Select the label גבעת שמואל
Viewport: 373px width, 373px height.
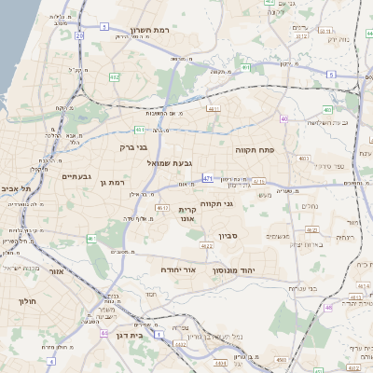tap(170, 163)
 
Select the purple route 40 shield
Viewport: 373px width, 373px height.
tap(283, 118)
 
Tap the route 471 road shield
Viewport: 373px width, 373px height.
tap(207, 176)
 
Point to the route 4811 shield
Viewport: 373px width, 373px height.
tap(214, 108)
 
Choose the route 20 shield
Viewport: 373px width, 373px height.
tap(79, 36)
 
